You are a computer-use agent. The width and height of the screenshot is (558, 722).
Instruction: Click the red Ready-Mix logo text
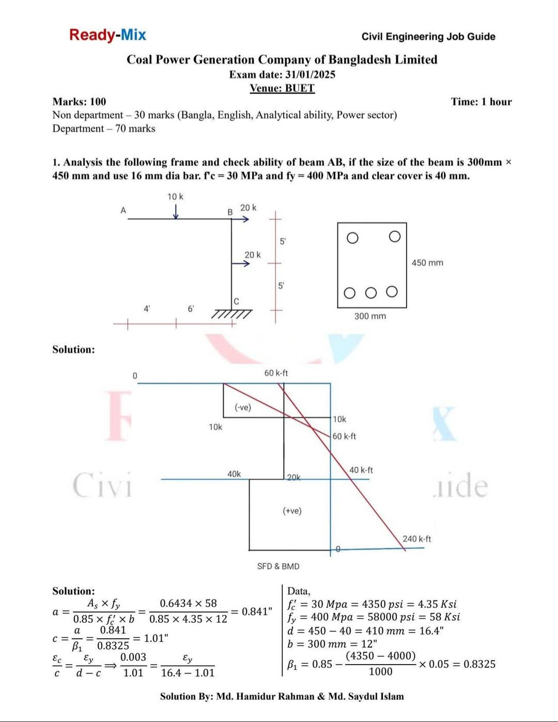click(107, 35)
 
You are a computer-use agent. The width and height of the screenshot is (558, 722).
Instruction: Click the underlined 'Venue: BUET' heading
click(282, 88)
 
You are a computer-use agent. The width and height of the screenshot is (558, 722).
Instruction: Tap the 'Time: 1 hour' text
click(481, 102)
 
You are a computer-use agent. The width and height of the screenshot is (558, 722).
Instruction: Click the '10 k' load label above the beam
click(175, 197)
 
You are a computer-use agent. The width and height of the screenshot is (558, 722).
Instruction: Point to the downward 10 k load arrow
click(176, 212)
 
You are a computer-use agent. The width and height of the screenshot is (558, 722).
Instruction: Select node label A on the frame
click(123, 210)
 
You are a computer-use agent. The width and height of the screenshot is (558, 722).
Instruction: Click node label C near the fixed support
click(236, 301)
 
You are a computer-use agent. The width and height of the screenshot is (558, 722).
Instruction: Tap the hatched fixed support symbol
click(233, 314)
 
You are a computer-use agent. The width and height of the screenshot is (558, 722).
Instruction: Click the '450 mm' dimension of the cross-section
click(427, 263)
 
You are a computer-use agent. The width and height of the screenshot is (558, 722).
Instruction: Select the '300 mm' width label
click(370, 316)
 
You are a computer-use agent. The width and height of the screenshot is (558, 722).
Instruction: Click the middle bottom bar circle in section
click(371, 293)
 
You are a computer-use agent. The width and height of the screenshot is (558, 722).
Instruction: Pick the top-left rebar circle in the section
click(352, 238)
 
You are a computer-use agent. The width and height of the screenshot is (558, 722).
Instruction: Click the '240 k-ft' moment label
click(416, 539)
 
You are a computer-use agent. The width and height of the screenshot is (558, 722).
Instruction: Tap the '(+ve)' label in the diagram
click(292, 511)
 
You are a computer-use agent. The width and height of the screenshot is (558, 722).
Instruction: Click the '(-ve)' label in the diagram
click(243, 407)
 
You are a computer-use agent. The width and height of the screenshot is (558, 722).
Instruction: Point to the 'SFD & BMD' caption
click(278, 566)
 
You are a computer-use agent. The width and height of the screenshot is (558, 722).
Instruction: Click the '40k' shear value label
click(234, 474)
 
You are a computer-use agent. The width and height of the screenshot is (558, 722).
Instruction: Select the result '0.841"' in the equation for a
click(257, 611)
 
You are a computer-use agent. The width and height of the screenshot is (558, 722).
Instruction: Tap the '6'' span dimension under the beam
click(191, 309)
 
